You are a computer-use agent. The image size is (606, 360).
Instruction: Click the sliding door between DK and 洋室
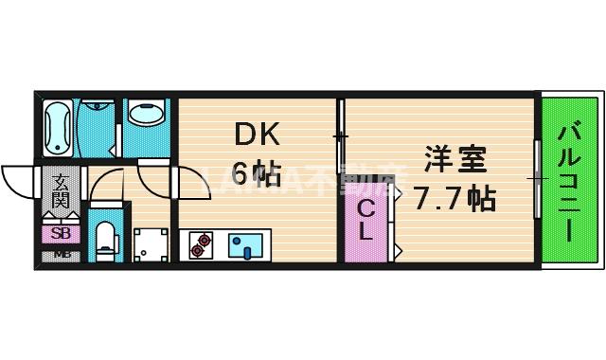tap(340, 137)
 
